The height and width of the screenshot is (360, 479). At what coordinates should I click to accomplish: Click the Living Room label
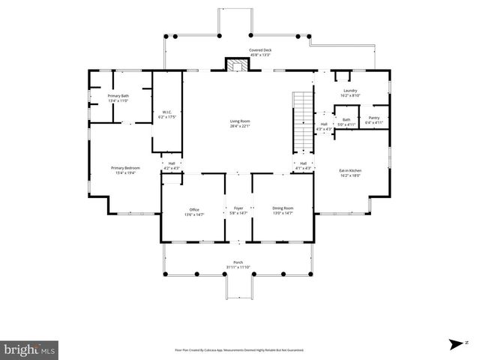click(x=240, y=121)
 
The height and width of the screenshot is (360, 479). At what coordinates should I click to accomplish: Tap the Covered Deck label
click(x=260, y=50)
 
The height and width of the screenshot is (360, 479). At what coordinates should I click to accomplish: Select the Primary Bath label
click(x=118, y=96)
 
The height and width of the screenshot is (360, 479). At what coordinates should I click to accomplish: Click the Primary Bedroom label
click(x=126, y=167)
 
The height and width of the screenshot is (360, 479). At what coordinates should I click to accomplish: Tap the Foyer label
click(x=239, y=208)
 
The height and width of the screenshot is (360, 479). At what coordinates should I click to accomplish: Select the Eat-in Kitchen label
click(x=351, y=170)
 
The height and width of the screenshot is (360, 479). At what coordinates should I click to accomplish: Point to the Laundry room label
click(x=351, y=91)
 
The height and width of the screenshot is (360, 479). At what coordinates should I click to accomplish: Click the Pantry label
click(x=373, y=118)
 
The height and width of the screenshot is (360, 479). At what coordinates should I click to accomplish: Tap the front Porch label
click(x=238, y=262)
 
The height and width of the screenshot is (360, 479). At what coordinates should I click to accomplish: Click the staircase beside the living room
click(x=301, y=120)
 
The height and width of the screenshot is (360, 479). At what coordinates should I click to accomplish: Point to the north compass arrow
click(x=454, y=344)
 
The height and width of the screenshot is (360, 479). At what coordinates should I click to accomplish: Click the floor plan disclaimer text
click(x=239, y=349)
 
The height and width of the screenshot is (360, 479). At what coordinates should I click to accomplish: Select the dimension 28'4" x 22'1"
click(x=240, y=125)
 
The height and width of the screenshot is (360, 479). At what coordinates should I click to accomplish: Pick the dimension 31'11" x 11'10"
click(x=238, y=267)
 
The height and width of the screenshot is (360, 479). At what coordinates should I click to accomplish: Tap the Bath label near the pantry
click(x=346, y=119)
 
